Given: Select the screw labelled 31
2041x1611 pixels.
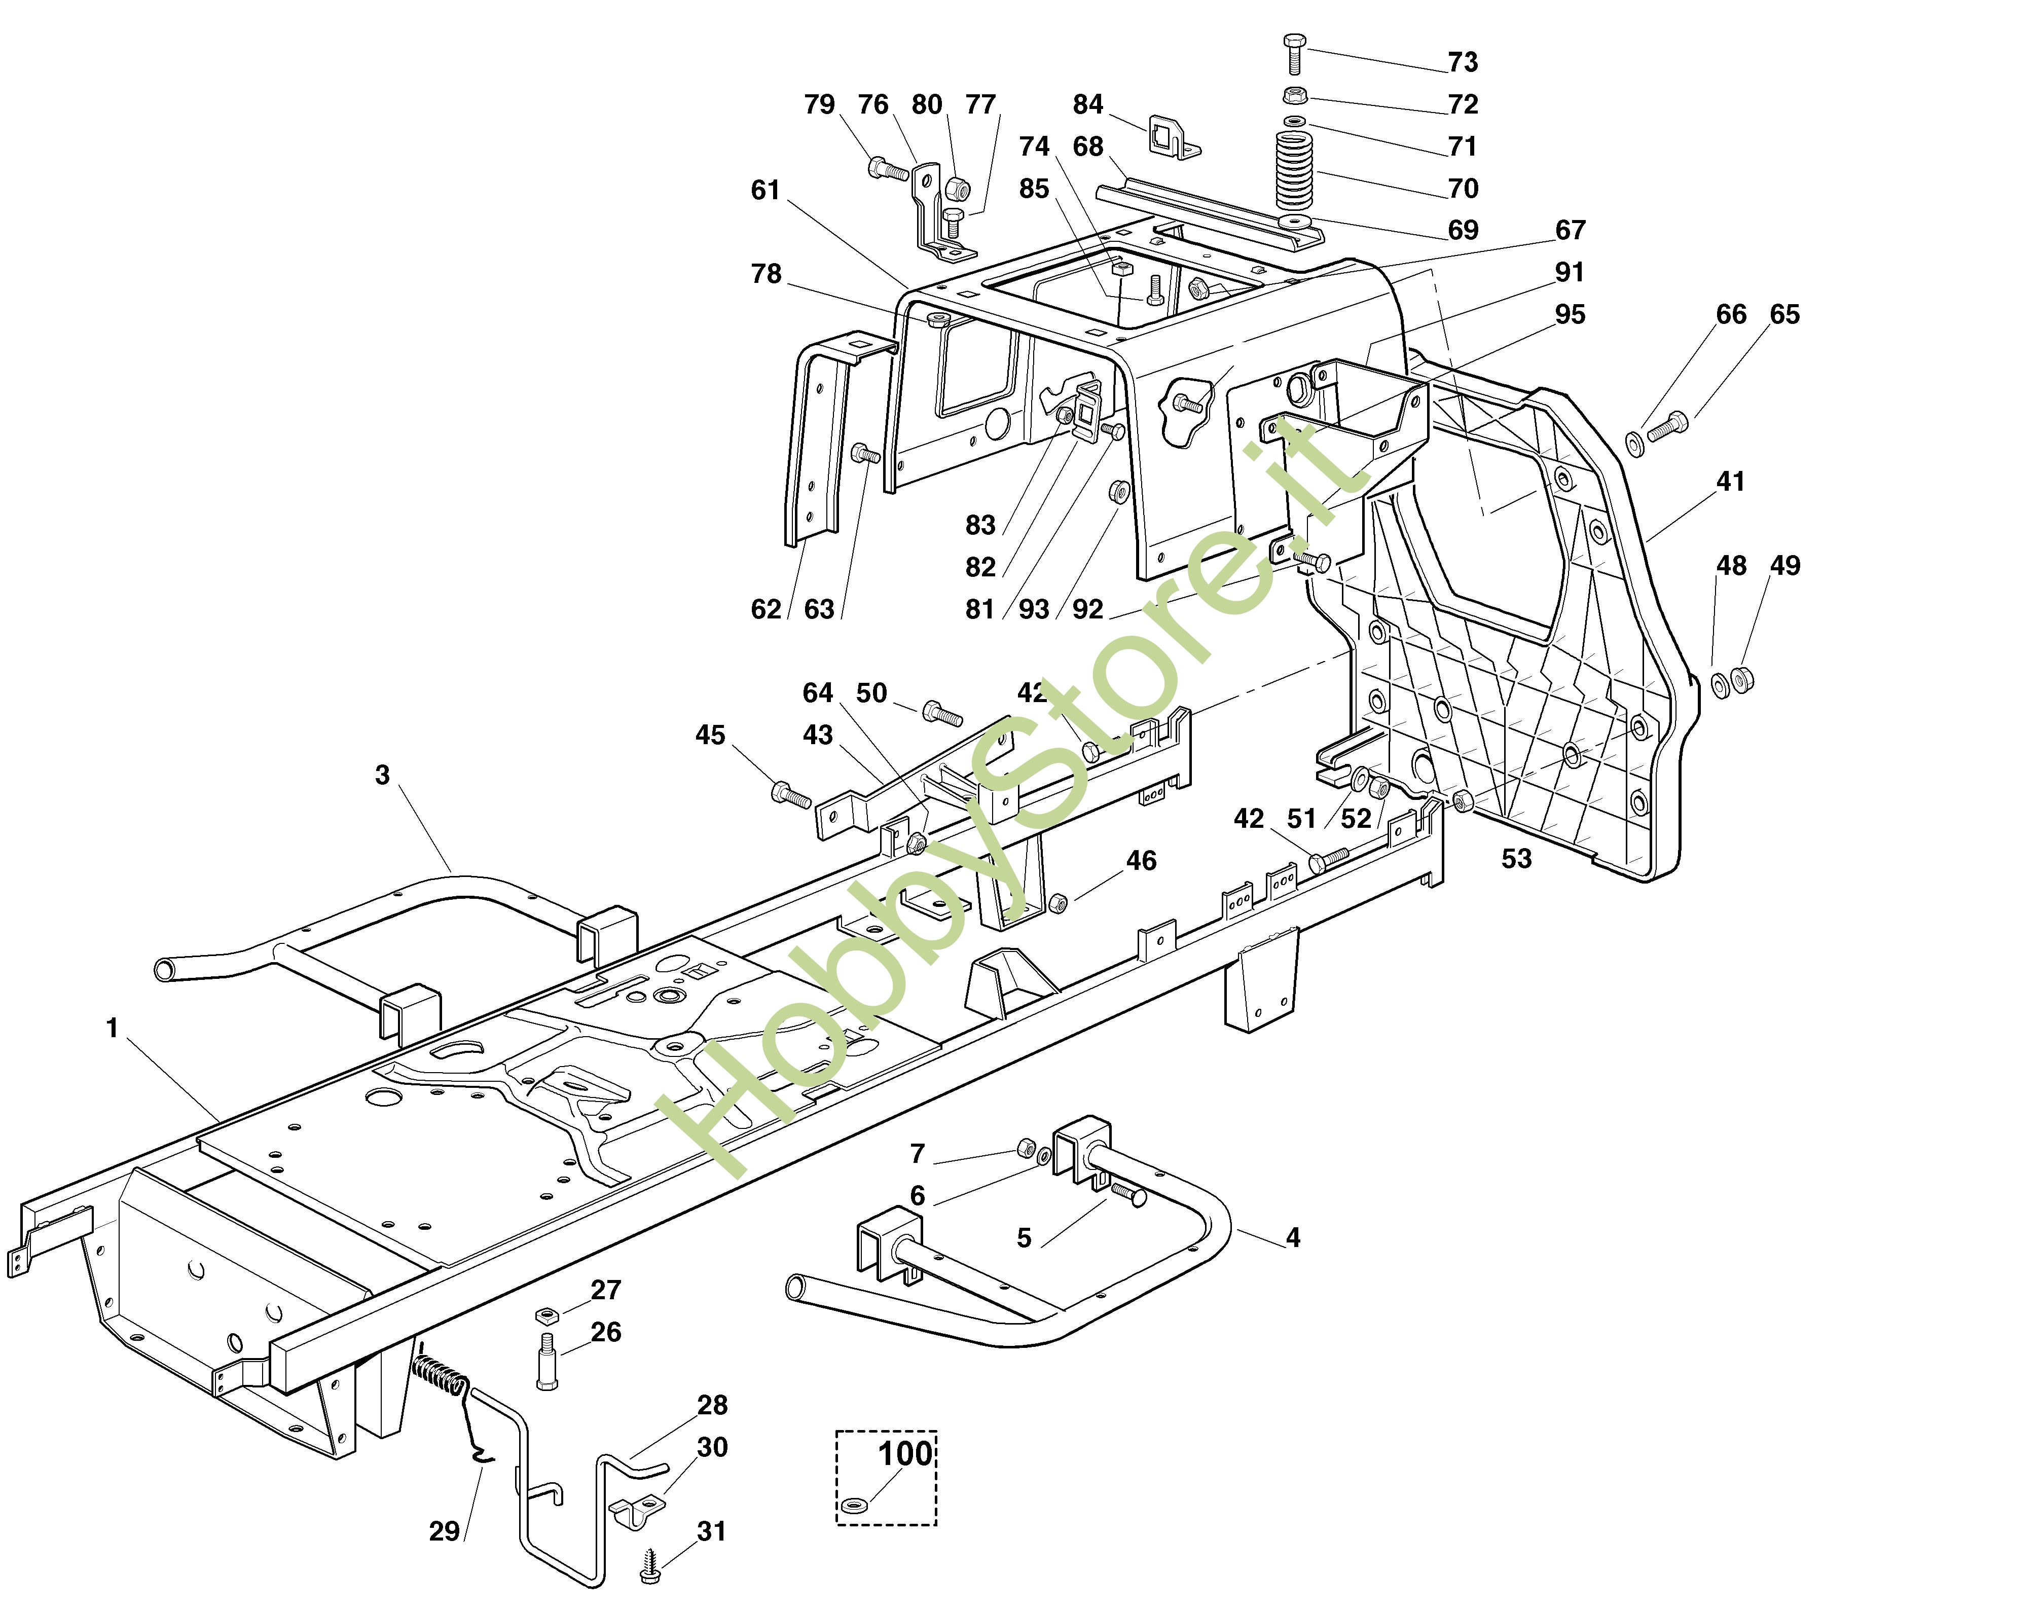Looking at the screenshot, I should tap(650, 1568).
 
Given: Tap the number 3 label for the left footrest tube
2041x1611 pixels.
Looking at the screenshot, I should tap(382, 775).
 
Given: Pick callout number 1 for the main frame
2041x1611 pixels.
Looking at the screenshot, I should tap(112, 1028).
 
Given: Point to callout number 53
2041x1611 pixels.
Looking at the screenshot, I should tap(1517, 859).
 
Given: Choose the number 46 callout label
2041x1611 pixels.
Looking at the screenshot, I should tap(1141, 861).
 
